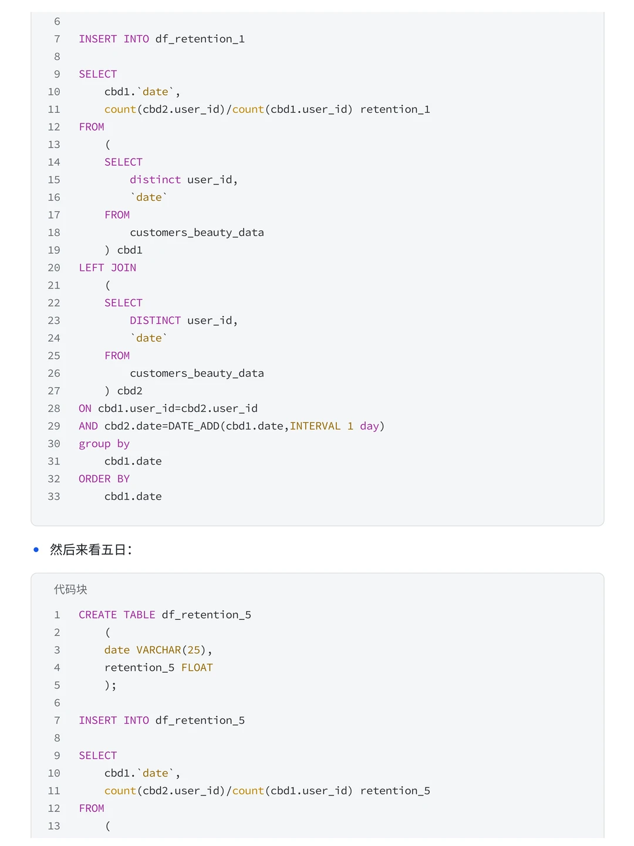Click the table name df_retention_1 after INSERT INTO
click(200, 39)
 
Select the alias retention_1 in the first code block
click(395, 109)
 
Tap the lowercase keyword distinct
click(155, 180)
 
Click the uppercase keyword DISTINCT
click(155, 320)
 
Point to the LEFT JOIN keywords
click(107, 267)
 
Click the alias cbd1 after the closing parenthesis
click(130, 250)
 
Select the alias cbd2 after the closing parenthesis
click(130, 391)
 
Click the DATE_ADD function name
click(194, 426)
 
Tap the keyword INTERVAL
click(315, 426)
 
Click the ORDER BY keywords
click(104, 479)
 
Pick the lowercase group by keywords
click(104, 444)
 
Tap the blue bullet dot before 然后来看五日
click(36, 550)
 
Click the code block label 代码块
click(70, 589)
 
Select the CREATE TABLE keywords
click(117, 615)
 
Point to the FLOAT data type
click(197, 667)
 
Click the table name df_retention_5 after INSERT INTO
click(200, 720)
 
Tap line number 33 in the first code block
click(54, 496)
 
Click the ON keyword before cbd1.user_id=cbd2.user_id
click(85, 408)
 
